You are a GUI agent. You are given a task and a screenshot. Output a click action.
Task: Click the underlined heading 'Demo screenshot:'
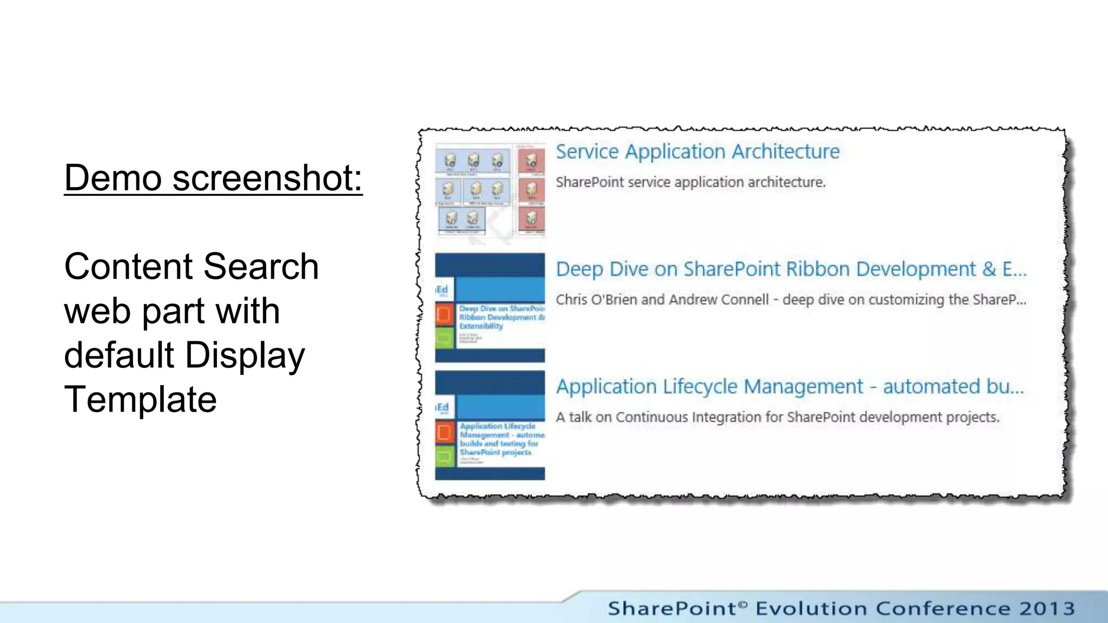[x=213, y=177]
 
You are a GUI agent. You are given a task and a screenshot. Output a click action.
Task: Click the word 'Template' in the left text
[x=140, y=399]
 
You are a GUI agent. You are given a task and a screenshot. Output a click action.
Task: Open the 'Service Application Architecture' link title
[x=697, y=151]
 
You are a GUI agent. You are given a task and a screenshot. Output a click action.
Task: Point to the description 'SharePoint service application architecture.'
[x=690, y=182]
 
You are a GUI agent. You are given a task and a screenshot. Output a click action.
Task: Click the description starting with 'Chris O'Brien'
[x=790, y=300]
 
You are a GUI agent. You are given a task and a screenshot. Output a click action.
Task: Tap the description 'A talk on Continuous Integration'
[x=777, y=417]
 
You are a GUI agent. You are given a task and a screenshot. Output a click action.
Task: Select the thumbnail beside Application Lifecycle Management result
[x=490, y=425]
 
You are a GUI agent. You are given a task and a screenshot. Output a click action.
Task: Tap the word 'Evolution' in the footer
[x=810, y=608]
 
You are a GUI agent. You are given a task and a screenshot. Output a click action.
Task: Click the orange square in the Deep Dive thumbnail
[x=444, y=314]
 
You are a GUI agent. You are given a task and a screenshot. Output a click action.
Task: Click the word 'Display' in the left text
[x=245, y=355]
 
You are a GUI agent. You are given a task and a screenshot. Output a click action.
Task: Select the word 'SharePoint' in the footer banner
[x=672, y=608]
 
